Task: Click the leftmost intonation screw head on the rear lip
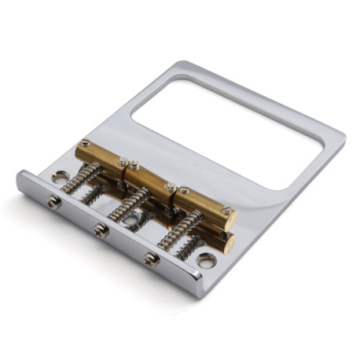pyautogui.click(x=53, y=201)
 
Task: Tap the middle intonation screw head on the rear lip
pyautogui.click(x=101, y=230)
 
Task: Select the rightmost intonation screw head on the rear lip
pyautogui.click(x=151, y=259)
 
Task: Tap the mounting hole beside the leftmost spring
pyautogui.click(x=58, y=178)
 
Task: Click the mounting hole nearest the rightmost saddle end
pyautogui.click(x=206, y=259)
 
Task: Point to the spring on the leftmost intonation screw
pyautogui.click(x=80, y=179)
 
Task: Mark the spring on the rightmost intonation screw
pyautogui.click(x=179, y=233)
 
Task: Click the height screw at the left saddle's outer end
pyautogui.click(x=84, y=144)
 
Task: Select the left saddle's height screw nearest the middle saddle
pyautogui.click(x=123, y=162)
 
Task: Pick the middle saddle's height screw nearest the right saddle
pyautogui.click(x=171, y=188)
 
